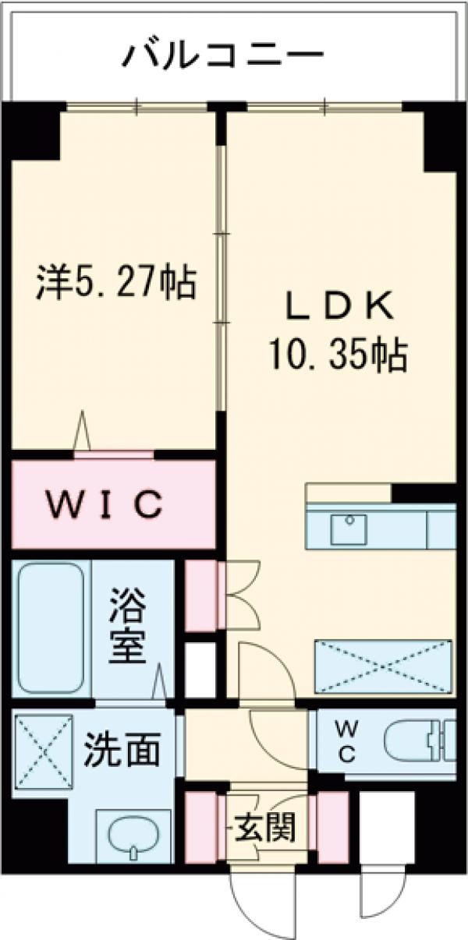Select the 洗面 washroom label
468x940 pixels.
[x=122, y=750]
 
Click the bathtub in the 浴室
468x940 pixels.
[x=50, y=627]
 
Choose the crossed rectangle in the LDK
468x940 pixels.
[x=383, y=666]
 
